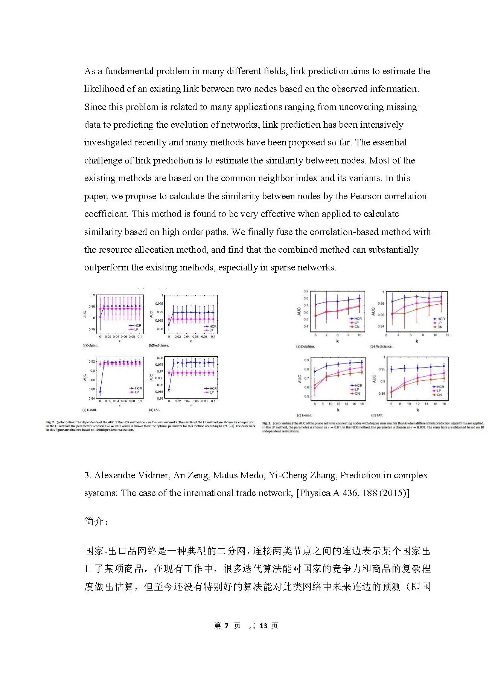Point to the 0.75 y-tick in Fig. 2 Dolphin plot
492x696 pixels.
(x=92, y=330)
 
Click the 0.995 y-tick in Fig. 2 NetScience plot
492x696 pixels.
(x=159, y=304)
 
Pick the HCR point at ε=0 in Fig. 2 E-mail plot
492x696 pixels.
(x=100, y=392)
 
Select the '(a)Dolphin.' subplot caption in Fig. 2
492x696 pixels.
(x=90, y=345)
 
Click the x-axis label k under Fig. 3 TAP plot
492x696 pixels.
(x=417, y=410)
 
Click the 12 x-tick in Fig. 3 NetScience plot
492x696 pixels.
(x=447, y=335)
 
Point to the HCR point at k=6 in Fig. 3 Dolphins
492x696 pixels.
(x=315, y=304)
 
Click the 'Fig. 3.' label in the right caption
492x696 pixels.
(x=267, y=423)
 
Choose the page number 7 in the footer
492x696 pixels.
(x=226, y=626)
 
